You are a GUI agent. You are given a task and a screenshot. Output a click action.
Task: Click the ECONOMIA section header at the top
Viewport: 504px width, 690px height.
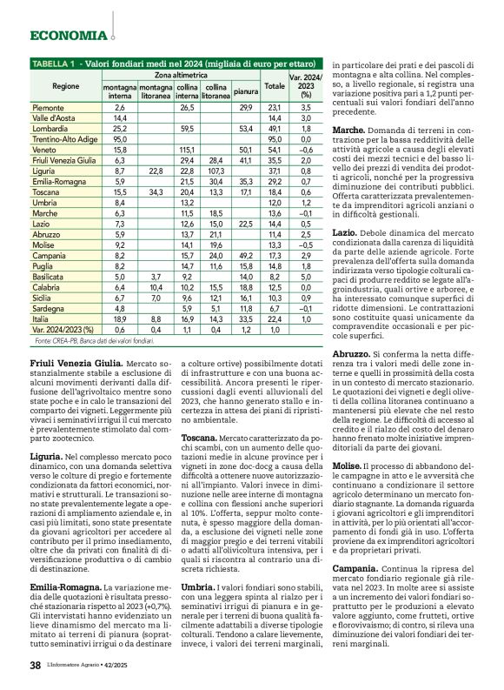[x=68, y=36]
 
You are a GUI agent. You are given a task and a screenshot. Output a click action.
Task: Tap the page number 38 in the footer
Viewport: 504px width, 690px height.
[x=35, y=666]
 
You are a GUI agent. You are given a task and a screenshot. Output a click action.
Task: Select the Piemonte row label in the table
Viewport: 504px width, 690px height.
[x=49, y=106]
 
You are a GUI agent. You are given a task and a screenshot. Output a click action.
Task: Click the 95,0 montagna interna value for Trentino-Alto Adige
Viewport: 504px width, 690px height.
[x=120, y=137]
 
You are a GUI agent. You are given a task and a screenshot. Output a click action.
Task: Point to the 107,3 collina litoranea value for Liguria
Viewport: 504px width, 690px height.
[x=216, y=169]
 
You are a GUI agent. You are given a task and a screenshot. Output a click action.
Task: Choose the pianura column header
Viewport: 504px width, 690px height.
[x=246, y=90]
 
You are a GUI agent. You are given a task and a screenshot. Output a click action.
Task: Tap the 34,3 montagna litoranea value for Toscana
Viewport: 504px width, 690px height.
[x=156, y=190]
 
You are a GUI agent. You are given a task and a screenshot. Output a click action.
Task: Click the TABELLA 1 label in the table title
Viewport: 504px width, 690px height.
[x=53, y=64]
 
